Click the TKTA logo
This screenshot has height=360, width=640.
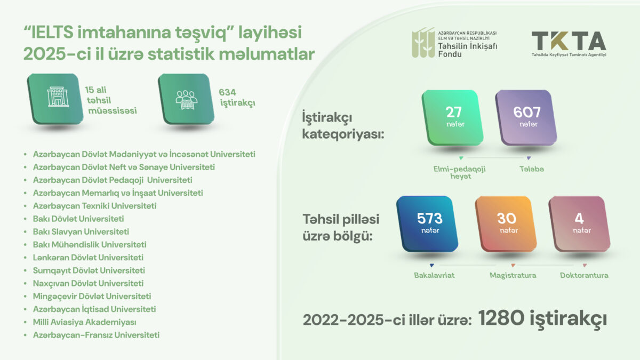[x=569, y=42]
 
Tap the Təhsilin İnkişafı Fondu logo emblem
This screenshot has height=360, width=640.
[x=422, y=42]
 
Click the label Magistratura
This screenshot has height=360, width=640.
[x=513, y=276]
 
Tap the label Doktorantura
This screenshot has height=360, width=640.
[x=584, y=276]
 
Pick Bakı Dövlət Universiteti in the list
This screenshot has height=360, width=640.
[x=78, y=219]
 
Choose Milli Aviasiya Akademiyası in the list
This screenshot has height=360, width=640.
[x=84, y=322]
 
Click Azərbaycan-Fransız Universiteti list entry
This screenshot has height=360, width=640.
[x=96, y=335]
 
